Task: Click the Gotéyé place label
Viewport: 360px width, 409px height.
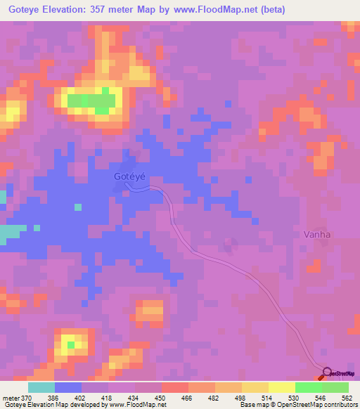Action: [x=129, y=178]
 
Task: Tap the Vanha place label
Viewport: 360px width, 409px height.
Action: [x=316, y=234]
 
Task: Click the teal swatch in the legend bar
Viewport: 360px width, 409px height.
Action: [x=41, y=388]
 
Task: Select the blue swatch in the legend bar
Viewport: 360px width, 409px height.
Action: [x=68, y=388]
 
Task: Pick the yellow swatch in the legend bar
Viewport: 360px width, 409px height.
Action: [x=281, y=388]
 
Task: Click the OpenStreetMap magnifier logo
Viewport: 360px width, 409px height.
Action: [x=326, y=372]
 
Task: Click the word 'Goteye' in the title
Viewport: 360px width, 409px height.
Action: [x=24, y=9]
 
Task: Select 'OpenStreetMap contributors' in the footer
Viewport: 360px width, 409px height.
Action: [x=316, y=405]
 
